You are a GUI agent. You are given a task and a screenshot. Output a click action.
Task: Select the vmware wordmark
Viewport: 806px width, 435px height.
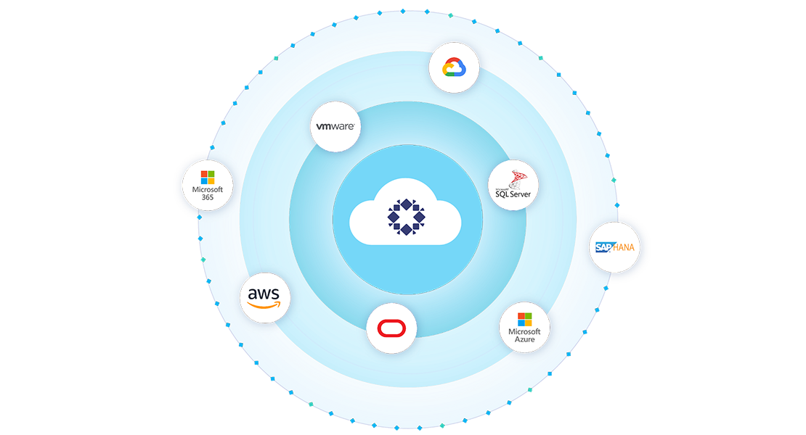tap(335, 127)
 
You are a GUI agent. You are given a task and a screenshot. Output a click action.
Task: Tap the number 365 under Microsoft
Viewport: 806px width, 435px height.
tap(208, 198)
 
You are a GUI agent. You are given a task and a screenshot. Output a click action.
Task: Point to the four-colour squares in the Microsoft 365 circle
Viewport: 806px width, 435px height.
tap(208, 177)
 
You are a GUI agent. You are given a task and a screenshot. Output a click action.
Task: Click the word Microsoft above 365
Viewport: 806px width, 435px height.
tap(208, 190)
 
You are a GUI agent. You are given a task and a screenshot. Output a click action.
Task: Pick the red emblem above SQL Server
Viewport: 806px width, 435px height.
tap(518, 178)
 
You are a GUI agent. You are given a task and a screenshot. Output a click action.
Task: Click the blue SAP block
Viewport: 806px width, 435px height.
tap(604, 248)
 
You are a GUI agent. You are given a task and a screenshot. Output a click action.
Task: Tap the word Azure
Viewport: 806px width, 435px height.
tap(524, 339)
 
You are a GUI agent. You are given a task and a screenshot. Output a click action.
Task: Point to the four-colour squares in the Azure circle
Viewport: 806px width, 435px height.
tap(524, 318)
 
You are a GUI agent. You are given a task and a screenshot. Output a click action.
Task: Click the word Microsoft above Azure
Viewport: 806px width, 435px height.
tap(524, 331)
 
